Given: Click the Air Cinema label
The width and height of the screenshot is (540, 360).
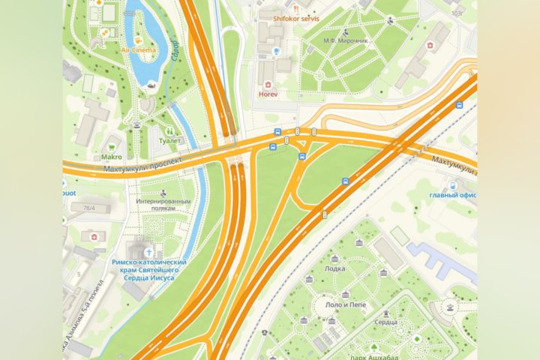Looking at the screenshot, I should [x=139, y=50].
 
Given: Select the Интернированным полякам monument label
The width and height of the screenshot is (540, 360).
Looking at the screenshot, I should [x=163, y=205].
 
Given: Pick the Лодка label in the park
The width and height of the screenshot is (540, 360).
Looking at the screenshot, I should [x=335, y=268].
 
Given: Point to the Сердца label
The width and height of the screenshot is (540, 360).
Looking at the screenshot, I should [x=387, y=322].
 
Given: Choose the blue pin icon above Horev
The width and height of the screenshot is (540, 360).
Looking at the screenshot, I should [x=277, y=51].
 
